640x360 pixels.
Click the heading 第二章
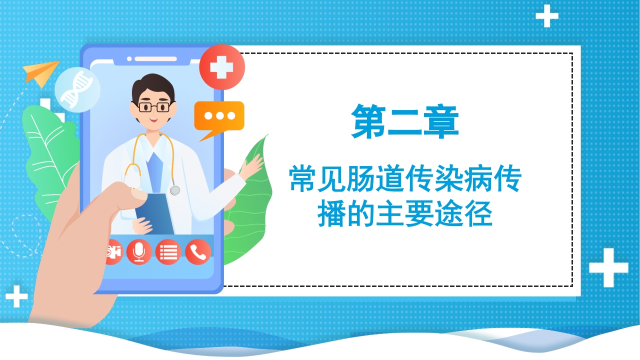tap(405, 121)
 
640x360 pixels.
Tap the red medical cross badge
tap(221, 67)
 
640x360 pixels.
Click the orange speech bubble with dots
tap(219, 116)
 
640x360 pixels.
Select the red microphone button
tap(139, 252)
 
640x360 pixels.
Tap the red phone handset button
tap(198, 252)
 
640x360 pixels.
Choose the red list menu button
tap(168, 252)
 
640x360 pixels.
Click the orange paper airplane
tap(41, 72)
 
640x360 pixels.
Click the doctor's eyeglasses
tap(153, 106)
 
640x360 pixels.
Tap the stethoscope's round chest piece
tap(174, 190)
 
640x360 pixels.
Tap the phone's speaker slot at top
tap(155, 59)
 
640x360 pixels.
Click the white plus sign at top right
tap(546, 16)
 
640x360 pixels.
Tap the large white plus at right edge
tap(608, 267)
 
